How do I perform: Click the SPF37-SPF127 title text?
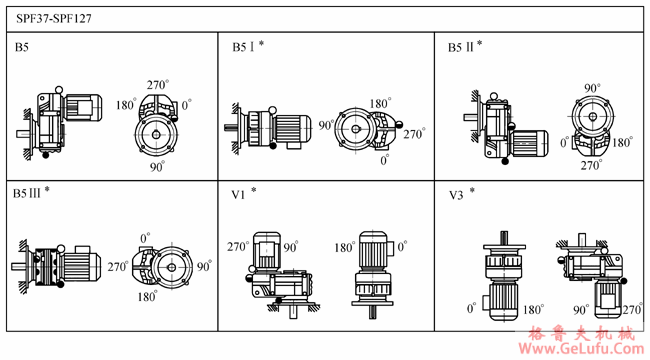click(54, 19)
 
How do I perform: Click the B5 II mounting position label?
click(461, 47)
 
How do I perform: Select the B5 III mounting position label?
click(27, 194)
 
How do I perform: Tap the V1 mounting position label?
click(238, 195)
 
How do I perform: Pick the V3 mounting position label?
click(456, 195)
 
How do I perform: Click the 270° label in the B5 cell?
click(158, 85)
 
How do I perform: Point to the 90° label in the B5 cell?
click(158, 167)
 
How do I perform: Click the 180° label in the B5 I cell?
click(380, 103)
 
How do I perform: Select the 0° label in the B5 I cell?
click(385, 160)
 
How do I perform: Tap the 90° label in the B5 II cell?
click(592, 88)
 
